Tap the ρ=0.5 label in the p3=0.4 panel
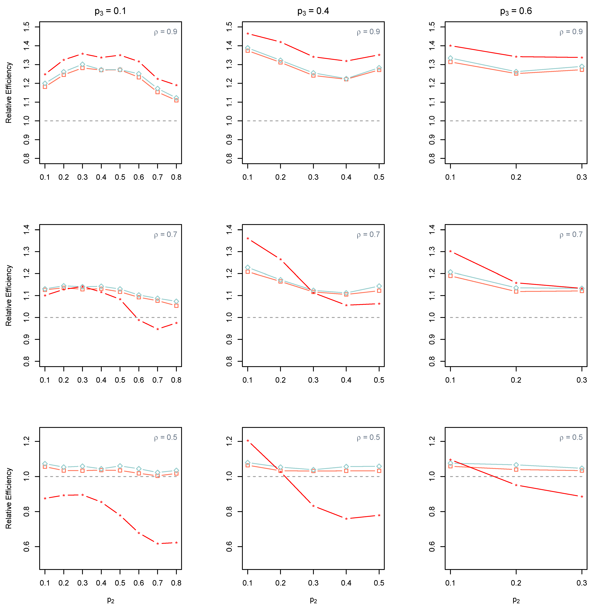click(368, 437)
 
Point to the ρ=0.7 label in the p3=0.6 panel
click(571, 235)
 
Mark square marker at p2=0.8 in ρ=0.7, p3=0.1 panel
click(176, 306)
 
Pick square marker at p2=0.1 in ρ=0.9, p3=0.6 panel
click(450, 62)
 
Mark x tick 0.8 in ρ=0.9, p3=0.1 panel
click(176, 177)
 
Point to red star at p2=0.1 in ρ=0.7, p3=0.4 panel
click(248, 239)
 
